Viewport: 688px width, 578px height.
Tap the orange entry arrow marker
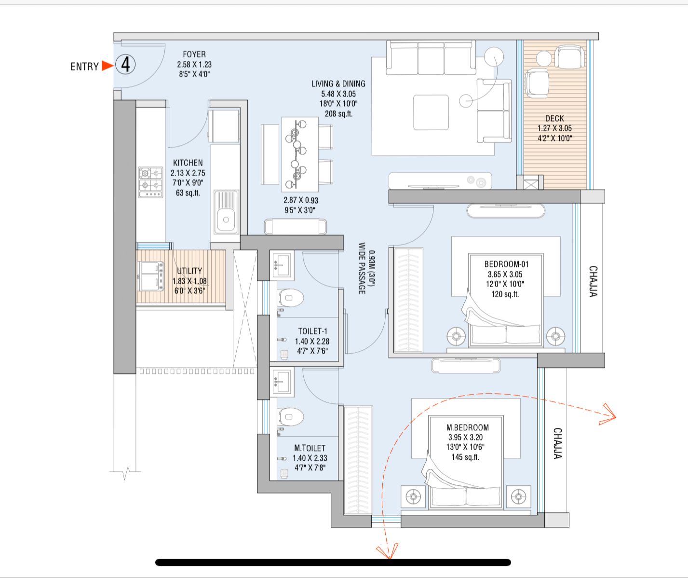[x=107, y=66]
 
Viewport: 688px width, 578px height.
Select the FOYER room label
[x=194, y=55]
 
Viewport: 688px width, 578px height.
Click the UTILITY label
[x=189, y=271]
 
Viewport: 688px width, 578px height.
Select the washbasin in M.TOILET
[x=282, y=380]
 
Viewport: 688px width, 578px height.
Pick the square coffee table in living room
[x=431, y=112]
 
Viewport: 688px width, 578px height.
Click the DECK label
[x=554, y=118]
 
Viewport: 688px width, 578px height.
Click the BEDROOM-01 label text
[x=506, y=264]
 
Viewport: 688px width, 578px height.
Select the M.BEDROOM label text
[x=467, y=427]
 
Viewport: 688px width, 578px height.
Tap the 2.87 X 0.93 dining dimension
[x=300, y=200]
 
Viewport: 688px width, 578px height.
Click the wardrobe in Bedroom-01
[x=408, y=300]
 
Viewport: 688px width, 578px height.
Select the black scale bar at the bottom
[x=333, y=562]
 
